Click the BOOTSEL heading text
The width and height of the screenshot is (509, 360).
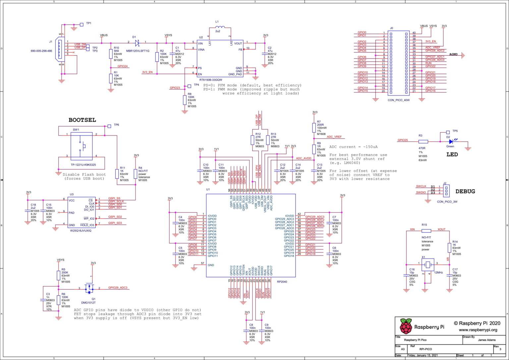(82, 120)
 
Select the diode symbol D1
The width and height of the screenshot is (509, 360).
(137, 42)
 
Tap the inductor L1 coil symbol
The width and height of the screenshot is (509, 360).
(219, 28)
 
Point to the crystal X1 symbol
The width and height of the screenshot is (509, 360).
(428, 264)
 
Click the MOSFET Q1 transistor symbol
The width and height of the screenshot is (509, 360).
(89, 288)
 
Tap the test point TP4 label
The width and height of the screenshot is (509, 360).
(197, 85)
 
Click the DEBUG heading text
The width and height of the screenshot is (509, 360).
(465, 191)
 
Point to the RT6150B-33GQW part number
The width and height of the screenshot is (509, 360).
(211, 80)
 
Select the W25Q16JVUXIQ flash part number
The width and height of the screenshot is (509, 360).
(81, 230)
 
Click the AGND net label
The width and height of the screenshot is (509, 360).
(453, 54)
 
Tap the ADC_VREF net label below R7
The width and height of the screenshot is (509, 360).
(334, 137)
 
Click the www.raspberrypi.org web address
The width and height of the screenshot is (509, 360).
(478, 330)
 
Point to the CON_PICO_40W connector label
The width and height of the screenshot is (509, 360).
(399, 100)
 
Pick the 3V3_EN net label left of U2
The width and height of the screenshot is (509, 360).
(147, 72)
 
